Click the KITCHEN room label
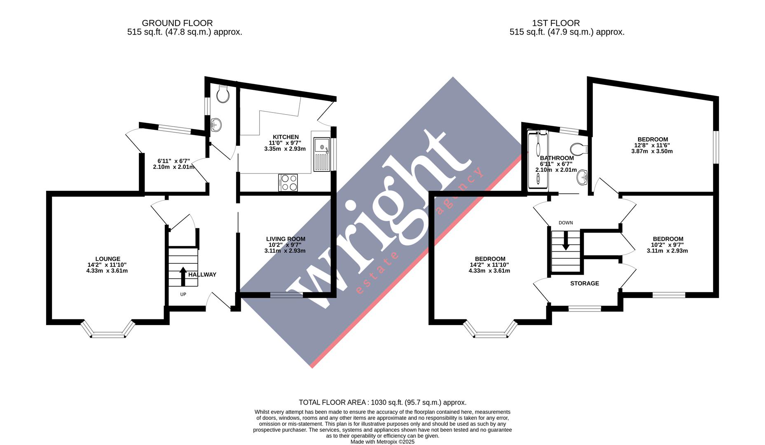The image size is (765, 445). [x=285, y=137]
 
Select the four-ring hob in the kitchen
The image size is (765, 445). [x=288, y=183]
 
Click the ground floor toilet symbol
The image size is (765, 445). [x=223, y=95]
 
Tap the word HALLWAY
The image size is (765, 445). [x=202, y=274]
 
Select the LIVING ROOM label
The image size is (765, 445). [x=285, y=239]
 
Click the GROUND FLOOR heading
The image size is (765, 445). [x=177, y=23]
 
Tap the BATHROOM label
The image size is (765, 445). [x=557, y=158]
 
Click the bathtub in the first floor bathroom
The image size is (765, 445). [x=538, y=161]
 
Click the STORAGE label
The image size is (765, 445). [x=584, y=283]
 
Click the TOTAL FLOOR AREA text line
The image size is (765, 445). [x=382, y=402]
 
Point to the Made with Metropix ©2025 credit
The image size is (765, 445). [x=382, y=442]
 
